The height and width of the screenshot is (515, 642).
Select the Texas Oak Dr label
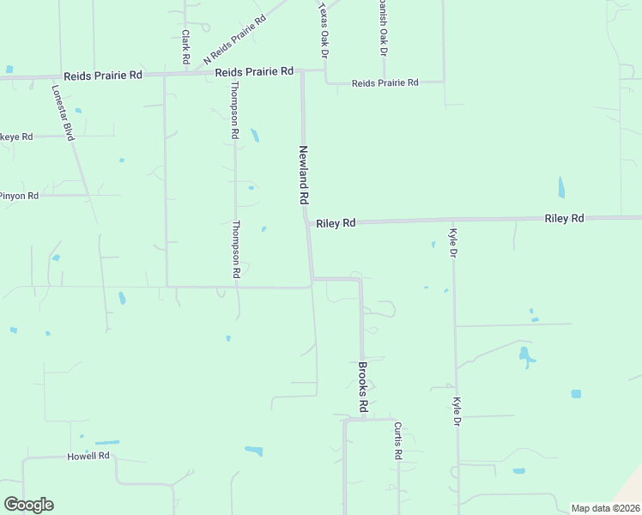click(324, 30)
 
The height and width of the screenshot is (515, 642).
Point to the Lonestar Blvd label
click(64, 112)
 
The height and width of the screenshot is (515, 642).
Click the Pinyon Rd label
click(19, 196)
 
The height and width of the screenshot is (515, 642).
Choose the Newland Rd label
click(303, 174)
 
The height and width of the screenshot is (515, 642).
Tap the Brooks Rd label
click(363, 385)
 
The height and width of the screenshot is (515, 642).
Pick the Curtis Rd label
click(398, 441)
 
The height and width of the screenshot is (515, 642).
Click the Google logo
click(28, 505)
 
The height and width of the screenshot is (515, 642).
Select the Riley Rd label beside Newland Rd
click(336, 223)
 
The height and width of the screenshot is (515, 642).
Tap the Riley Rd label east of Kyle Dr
click(564, 219)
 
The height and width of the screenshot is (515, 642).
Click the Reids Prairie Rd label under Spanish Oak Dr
click(385, 82)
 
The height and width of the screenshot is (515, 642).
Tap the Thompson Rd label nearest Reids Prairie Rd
click(233, 112)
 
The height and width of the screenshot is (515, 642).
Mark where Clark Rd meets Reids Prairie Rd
click(185, 75)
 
